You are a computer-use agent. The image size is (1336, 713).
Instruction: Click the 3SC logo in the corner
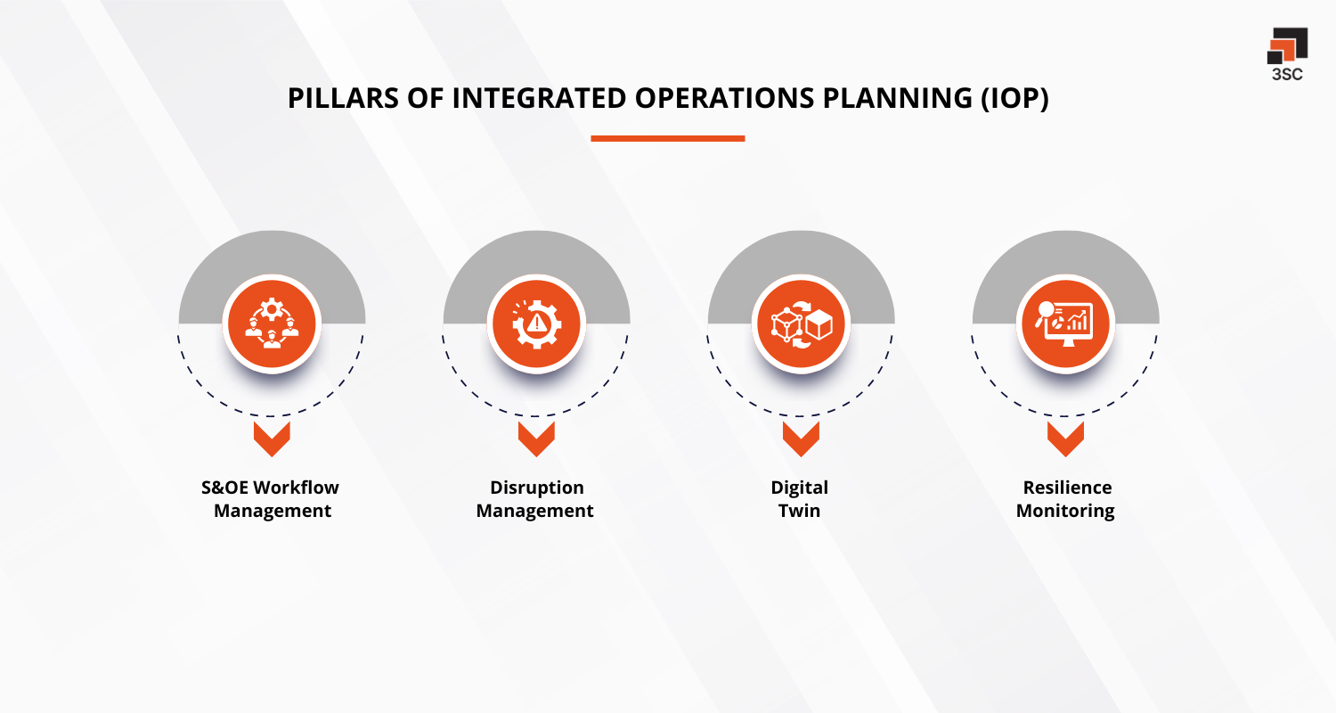point(1286,53)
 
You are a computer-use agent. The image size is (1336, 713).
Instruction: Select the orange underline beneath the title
point(667,138)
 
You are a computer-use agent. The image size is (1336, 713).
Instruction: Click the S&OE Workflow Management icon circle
point(272,322)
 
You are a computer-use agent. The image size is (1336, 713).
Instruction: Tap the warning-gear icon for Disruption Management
point(536,322)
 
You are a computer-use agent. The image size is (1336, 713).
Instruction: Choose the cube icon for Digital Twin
point(801,322)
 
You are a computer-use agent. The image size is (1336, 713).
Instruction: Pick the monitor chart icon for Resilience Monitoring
point(1065,322)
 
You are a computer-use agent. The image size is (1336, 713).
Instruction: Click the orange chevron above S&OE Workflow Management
point(272,438)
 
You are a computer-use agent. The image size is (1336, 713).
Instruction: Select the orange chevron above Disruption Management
point(536,438)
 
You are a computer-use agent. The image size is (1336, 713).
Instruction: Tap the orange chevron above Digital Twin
point(801,438)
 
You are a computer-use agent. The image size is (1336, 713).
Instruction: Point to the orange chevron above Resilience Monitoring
point(1065,438)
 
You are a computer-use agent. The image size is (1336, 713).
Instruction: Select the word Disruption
point(536,488)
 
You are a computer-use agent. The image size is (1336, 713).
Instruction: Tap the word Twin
point(799,511)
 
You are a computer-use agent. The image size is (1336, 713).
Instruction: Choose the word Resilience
point(1066,488)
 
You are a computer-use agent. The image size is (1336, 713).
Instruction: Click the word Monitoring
point(1065,511)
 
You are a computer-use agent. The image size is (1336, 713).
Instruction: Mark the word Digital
point(799,488)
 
